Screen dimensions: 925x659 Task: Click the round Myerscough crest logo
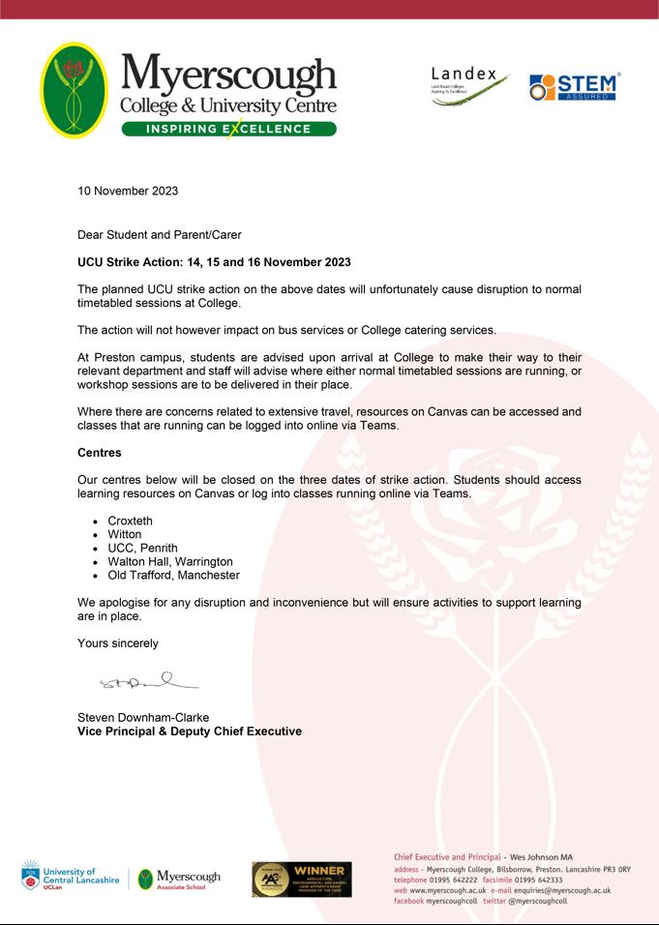click(75, 90)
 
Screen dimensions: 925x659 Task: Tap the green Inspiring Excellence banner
click(228, 129)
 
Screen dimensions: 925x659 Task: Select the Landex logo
click(468, 86)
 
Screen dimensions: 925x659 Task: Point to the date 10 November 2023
click(128, 191)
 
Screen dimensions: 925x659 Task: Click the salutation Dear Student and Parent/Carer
click(160, 234)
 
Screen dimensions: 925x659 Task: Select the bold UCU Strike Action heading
click(214, 262)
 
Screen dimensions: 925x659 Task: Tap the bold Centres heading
click(100, 452)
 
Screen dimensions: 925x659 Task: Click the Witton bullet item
click(125, 534)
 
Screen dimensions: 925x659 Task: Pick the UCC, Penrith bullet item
click(142, 548)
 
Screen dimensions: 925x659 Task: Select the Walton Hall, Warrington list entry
click(170, 561)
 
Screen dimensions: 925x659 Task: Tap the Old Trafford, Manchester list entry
click(173, 575)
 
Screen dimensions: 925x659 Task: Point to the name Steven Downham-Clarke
click(143, 717)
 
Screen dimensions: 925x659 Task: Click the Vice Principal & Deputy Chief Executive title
click(189, 731)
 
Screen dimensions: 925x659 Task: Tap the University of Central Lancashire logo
click(70, 878)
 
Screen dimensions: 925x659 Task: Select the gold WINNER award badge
click(302, 879)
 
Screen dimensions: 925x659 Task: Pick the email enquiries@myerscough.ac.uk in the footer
click(562, 890)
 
